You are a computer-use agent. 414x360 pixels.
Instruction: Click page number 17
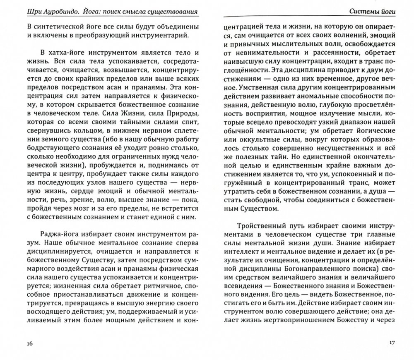click(392, 343)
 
